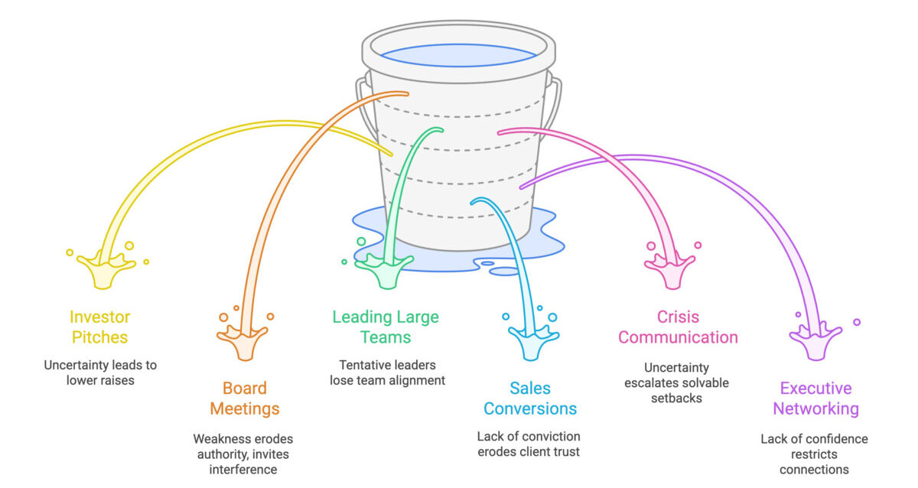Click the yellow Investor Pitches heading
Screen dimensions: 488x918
click(100, 327)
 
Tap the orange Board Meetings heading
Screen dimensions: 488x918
click(245, 399)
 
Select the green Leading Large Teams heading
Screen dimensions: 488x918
click(386, 327)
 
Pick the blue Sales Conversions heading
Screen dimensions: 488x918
click(530, 399)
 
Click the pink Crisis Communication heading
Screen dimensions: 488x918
click(678, 327)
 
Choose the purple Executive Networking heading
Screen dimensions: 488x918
click(815, 399)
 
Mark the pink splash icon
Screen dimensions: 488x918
click(669, 268)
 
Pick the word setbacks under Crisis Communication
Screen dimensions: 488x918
click(678, 397)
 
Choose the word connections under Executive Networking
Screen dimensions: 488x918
click(814, 469)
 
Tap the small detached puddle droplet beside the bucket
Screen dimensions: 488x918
click(504, 272)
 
